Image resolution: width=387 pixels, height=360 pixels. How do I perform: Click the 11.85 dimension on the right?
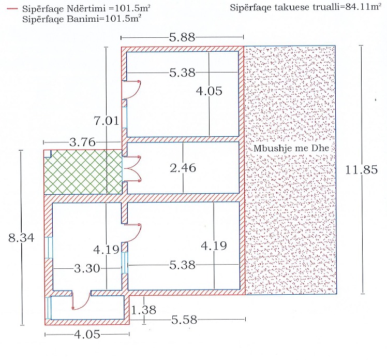(362, 170)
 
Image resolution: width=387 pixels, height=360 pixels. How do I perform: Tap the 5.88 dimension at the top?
(182, 37)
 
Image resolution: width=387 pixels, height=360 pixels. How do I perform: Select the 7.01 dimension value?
(107, 121)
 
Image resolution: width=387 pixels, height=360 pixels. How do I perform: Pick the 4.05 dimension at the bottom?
(85, 335)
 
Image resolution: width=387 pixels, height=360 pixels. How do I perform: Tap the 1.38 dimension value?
(143, 310)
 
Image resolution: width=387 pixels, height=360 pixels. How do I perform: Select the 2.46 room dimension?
(184, 168)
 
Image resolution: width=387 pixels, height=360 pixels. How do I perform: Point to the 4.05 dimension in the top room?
(209, 91)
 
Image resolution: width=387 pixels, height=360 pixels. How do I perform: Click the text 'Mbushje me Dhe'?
(292, 149)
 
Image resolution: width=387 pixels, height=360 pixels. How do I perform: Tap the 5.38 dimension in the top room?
(182, 73)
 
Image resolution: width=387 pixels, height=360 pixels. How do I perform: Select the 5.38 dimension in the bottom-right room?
(183, 265)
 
